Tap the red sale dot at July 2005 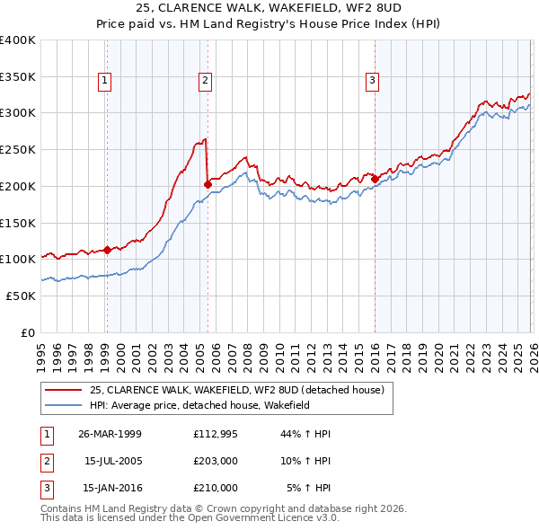[208, 184]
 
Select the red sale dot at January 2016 [375, 179]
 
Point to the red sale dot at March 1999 [107, 250]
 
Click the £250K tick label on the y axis [17, 149]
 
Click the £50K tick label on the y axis [21, 296]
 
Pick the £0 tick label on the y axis [28, 332]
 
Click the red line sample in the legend [63, 390]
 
